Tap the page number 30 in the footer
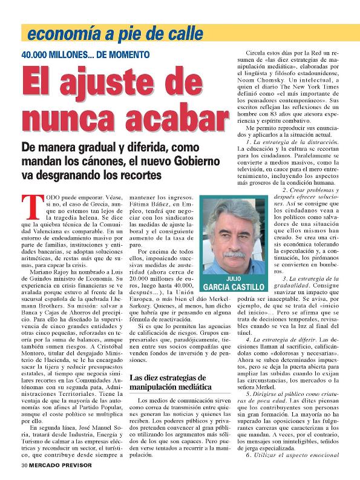(x=24, y=466)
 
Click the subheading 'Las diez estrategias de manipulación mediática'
(x=171, y=382)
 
